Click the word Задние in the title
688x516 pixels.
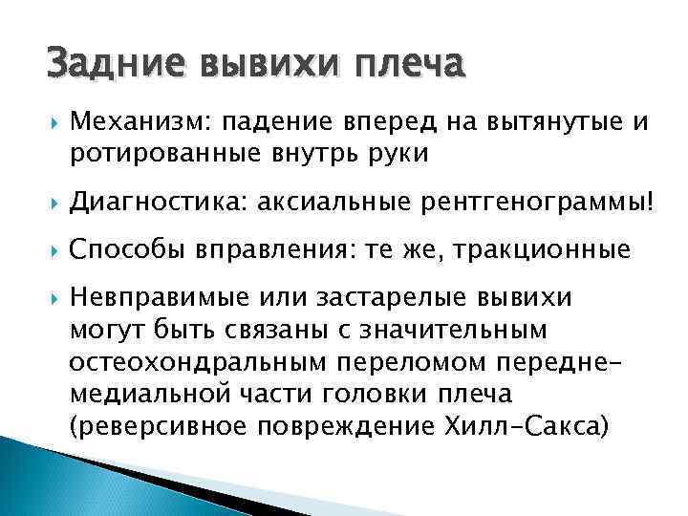point(105,65)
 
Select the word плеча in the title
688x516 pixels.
point(407,65)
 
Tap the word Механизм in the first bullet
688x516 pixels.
point(139,122)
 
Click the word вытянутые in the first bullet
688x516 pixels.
point(553,122)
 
